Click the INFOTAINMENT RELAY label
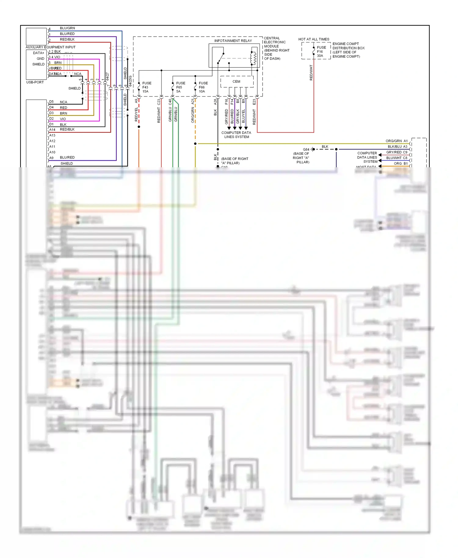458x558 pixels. pyautogui.click(x=233, y=41)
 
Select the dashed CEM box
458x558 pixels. pyautogui.click(x=237, y=82)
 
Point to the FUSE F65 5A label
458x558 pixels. pyautogui.click(x=180, y=87)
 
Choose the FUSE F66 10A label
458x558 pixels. pyautogui.click(x=203, y=87)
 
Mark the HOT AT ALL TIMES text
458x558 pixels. pyautogui.click(x=314, y=39)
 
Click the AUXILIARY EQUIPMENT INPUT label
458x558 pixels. pyautogui.click(x=50, y=47)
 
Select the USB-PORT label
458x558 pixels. pyautogui.click(x=35, y=82)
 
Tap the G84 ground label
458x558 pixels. pyautogui.click(x=306, y=150)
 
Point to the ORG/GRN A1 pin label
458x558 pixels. pyautogui.click(x=396, y=141)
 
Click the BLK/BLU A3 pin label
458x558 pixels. pyautogui.click(x=397, y=147)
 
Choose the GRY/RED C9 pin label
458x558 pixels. pyautogui.click(x=397, y=152)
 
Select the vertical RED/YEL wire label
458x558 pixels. pyautogui.click(x=136, y=114)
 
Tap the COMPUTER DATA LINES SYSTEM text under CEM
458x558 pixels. pyautogui.click(x=236, y=135)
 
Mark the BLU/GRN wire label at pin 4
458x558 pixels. pyautogui.click(x=67, y=28)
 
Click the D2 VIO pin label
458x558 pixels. pyautogui.click(x=58, y=119)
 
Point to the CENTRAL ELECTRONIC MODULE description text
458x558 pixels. pyautogui.click(x=276, y=48)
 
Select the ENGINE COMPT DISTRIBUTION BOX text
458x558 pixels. pyautogui.click(x=348, y=50)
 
